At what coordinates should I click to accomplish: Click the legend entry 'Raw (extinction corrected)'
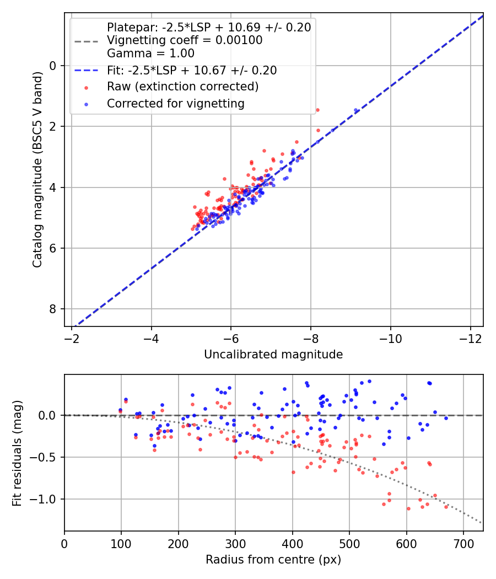pos(182,87)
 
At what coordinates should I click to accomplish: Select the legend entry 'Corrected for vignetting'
pos(175,103)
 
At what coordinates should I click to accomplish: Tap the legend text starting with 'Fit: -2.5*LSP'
pos(192,70)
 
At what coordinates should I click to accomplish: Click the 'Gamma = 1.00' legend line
pos(150,53)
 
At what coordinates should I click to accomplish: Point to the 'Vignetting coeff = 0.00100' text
pos(185,40)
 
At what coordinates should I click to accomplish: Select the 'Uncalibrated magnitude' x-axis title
pos(273,355)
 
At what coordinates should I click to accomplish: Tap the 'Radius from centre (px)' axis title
pos(273,560)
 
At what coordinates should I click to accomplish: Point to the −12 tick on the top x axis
pos(470,337)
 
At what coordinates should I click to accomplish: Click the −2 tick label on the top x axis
pos(72,337)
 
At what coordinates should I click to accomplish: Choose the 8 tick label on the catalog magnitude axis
pos(53,309)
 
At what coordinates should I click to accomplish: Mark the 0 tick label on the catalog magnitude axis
pos(53,66)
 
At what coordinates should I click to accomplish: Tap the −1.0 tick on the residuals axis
pos(46,499)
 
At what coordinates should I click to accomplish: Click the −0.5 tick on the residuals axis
pos(46,457)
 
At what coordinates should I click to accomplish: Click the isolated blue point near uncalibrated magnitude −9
pos(355,111)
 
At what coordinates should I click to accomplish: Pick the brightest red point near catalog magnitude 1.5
pos(317,110)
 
